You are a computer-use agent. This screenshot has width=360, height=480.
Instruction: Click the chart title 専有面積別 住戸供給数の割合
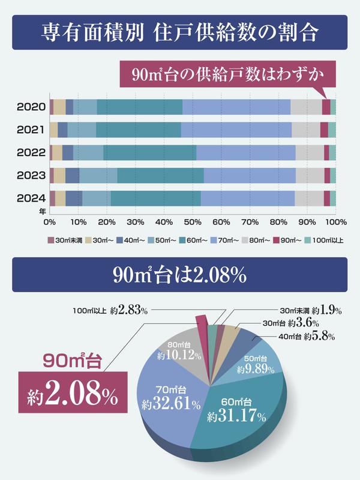pos(180,32)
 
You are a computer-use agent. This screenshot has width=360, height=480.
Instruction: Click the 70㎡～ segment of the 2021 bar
pos(236,130)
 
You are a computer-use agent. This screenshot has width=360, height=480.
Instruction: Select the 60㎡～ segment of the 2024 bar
pos(155,198)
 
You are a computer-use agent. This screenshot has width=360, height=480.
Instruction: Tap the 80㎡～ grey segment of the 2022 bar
pos(310,152)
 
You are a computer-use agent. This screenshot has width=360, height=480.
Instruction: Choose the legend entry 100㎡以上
pos(325,241)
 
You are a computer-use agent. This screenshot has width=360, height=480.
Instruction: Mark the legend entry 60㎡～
pos(196,241)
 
